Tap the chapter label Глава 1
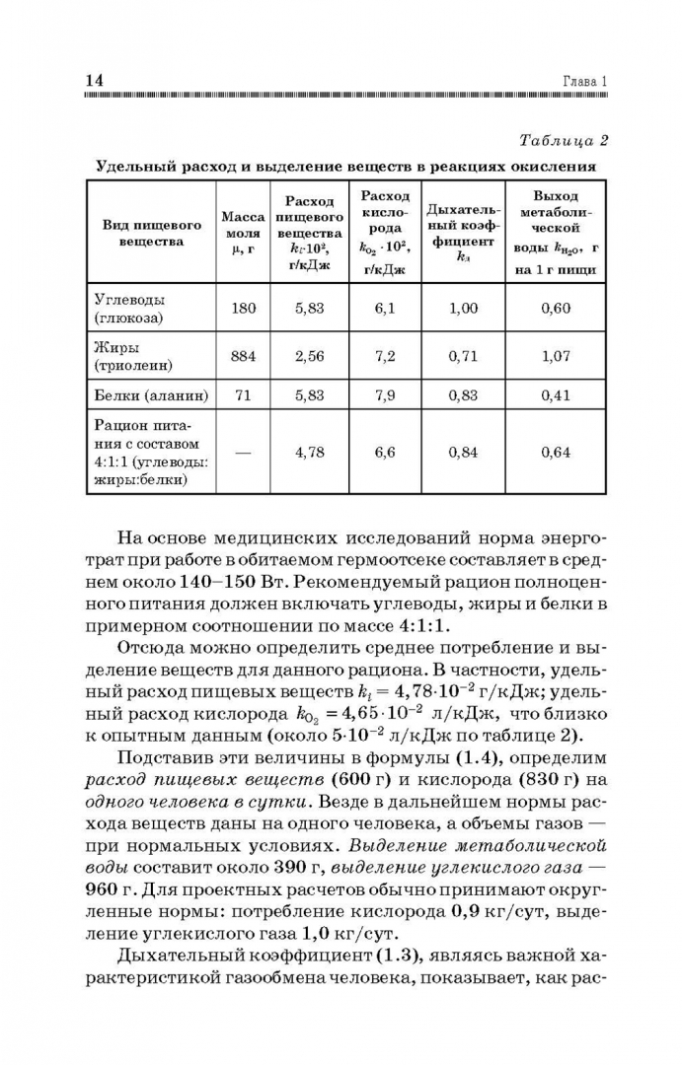pyautogui.click(x=584, y=82)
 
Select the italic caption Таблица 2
pyautogui.click(x=563, y=140)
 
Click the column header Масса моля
pyautogui.click(x=243, y=233)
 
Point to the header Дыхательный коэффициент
pyautogui.click(x=463, y=233)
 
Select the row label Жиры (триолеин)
pyautogui.click(x=133, y=356)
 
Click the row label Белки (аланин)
pyautogui.click(x=150, y=395)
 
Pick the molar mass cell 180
pyautogui.click(x=243, y=309)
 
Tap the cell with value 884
pyautogui.click(x=243, y=356)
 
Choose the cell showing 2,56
pyautogui.click(x=309, y=356)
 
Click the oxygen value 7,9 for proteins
pyautogui.click(x=385, y=395)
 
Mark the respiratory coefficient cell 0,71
pyautogui.click(x=463, y=356)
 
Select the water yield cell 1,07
pyautogui.click(x=557, y=356)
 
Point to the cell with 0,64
pyautogui.click(x=557, y=453)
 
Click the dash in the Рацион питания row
pyautogui.click(x=243, y=453)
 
